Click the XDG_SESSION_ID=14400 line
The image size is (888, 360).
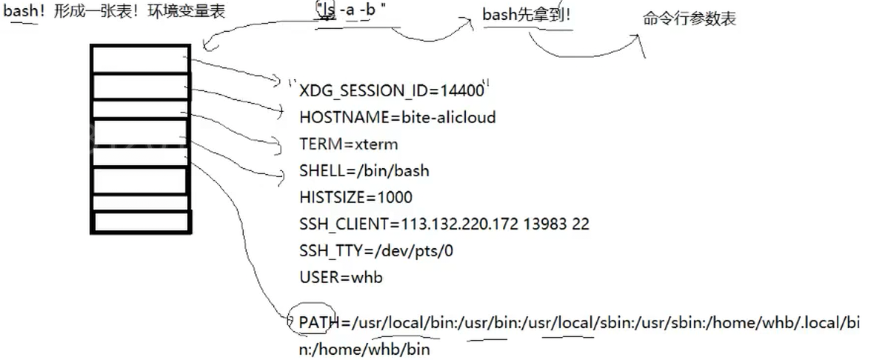(x=392, y=91)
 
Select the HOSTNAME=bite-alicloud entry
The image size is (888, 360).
(x=398, y=118)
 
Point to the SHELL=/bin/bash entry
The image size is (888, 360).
(x=364, y=171)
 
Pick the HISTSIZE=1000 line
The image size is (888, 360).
(x=355, y=198)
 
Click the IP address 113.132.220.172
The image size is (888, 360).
(x=462, y=224)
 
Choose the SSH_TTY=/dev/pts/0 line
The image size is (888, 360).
(x=376, y=251)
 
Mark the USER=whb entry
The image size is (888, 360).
(x=341, y=278)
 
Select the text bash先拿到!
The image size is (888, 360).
(x=527, y=15)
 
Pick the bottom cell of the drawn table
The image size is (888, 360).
(x=142, y=221)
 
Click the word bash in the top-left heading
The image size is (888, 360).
(x=20, y=12)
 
